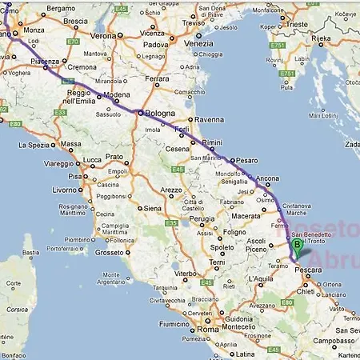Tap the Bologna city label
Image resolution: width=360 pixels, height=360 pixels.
(159, 114)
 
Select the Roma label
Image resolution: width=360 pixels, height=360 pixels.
(208, 329)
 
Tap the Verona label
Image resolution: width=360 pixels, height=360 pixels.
(103, 36)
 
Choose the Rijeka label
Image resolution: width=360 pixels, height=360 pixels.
(321, 38)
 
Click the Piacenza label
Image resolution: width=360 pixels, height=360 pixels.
(45, 61)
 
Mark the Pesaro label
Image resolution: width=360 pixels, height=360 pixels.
(247, 160)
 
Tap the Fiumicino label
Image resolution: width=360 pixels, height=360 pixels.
(164, 324)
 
